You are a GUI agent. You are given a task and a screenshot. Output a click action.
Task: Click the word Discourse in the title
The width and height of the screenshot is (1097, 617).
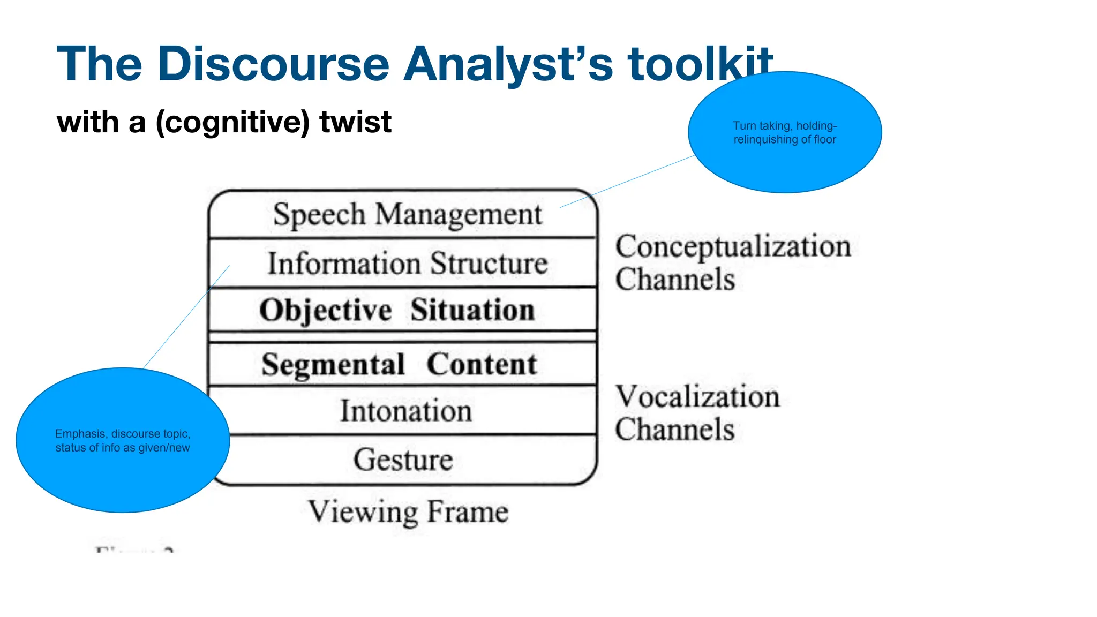click(273, 64)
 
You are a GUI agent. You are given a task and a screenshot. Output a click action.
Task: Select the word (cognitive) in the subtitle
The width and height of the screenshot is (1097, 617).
click(232, 122)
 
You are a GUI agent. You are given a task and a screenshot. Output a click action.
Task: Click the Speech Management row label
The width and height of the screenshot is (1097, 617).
click(407, 214)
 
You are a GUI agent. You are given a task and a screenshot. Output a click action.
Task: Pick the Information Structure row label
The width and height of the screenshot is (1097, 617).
click(407, 264)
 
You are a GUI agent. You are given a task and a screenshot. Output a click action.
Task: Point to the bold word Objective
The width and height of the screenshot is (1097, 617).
click(326, 310)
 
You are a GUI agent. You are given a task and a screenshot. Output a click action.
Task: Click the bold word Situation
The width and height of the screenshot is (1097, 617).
click(472, 310)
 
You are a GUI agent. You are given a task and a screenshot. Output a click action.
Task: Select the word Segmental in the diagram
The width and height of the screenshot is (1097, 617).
click(333, 365)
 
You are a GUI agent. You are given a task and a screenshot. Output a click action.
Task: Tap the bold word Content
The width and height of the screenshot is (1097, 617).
click(481, 365)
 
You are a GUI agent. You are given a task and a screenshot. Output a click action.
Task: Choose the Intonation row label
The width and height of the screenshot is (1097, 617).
click(406, 411)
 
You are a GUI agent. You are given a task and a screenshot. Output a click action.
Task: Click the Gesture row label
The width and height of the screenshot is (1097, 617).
click(403, 460)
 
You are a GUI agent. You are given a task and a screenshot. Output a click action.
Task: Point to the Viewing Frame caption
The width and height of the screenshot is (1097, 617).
click(408, 511)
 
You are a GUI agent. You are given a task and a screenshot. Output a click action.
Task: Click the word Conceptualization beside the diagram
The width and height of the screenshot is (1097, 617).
click(733, 247)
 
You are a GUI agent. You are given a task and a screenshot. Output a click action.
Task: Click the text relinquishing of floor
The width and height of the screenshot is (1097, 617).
click(785, 140)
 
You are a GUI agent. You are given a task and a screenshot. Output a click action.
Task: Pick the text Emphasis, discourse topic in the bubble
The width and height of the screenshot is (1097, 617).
click(123, 434)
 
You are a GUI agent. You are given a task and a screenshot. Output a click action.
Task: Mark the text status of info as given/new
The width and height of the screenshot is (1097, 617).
click(123, 448)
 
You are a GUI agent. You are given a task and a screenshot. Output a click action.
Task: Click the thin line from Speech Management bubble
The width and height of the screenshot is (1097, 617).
click(627, 182)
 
